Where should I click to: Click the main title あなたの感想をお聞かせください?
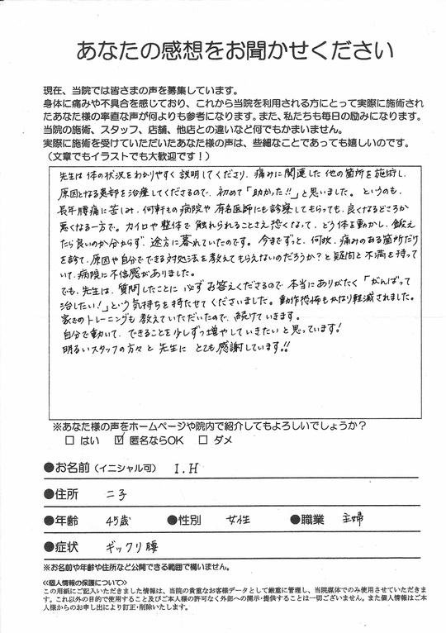(x=223, y=50)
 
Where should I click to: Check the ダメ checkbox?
(x=200, y=441)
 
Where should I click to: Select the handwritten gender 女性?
(x=240, y=521)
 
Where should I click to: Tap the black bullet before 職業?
(x=293, y=521)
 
